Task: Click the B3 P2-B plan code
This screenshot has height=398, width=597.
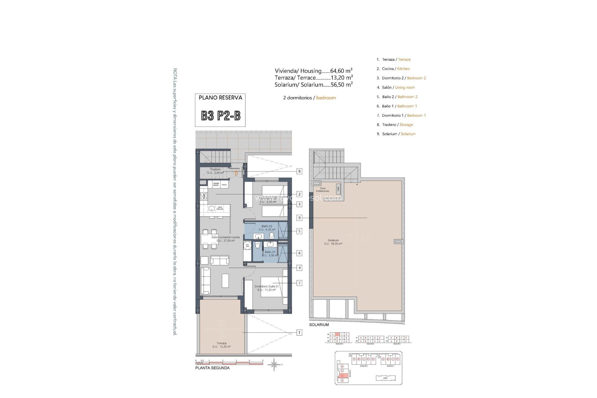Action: tap(220, 116)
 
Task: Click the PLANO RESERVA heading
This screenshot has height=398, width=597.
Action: tap(220, 98)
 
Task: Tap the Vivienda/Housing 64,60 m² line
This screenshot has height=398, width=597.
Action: tap(313, 71)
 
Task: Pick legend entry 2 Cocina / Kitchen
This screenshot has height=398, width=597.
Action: tap(393, 69)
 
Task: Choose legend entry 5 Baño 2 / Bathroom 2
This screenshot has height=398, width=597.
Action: tap(397, 97)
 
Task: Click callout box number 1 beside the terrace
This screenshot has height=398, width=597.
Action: tap(299, 333)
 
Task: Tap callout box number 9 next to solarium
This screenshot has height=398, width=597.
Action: tap(299, 218)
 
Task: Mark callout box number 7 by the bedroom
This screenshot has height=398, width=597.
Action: tap(299, 283)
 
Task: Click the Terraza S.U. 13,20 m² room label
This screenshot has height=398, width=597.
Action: tap(222, 345)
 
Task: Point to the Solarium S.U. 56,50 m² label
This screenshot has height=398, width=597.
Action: tap(333, 242)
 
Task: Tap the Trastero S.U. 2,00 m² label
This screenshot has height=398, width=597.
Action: tap(215, 171)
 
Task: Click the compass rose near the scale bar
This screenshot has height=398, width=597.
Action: tap(274, 364)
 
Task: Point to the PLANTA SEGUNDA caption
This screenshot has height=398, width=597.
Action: tap(212, 368)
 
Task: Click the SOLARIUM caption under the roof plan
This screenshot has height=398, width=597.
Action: tap(319, 325)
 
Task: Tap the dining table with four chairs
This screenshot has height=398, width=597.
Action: tap(210, 239)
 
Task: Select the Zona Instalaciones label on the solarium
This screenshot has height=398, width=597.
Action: tap(322, 190)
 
